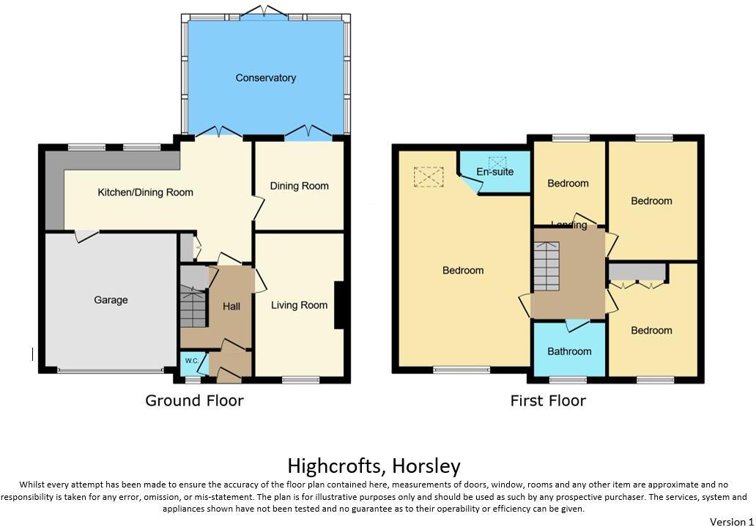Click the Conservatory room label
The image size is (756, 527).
pos(265,78)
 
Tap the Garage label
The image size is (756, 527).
pos(111,300)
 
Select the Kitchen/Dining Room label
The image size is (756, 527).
pos(146,193)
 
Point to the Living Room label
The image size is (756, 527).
pos(299,305)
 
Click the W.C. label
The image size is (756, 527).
pos(190,361)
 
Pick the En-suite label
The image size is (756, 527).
pos(494,171)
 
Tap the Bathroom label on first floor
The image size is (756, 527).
pos(569,351)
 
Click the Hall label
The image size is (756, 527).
pos(231,306)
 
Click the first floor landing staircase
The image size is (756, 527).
pos(546,266)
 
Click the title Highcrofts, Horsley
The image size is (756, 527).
pos(374,466)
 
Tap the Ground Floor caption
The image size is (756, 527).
pos(194,400)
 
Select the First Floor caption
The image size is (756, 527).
pos(548,400)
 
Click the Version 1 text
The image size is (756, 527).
pos(731,521)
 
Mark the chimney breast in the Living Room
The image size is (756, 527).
pos(339,305)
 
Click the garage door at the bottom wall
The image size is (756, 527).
pos(111,371)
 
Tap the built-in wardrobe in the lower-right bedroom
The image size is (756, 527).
pos(637,272)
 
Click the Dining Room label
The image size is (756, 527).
pos(299,186)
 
